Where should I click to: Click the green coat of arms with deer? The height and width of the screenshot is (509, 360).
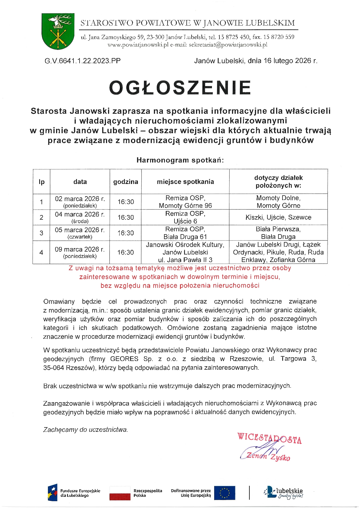click(58, 31)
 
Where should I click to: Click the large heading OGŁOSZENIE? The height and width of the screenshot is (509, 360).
click(180, 88)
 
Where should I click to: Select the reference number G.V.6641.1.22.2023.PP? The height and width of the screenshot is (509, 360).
click(83, 61)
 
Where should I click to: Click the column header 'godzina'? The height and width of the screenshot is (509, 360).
click(125, 182)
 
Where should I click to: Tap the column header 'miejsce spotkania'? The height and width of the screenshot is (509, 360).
click(185, 182)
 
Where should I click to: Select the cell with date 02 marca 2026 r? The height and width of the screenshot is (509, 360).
click(80, 202)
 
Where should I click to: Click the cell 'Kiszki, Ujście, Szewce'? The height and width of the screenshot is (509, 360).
click(278, 217)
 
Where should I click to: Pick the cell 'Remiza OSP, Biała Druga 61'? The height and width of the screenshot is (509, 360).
click(185, 233)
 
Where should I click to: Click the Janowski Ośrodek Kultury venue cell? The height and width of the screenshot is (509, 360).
click(185, 252)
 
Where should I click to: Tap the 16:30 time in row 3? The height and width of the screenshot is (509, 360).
click(125, 233)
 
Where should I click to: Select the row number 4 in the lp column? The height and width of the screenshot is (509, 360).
click(41, 252)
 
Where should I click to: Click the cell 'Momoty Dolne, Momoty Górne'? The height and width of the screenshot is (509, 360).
click(278, 202)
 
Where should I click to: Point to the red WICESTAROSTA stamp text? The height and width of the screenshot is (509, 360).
click(269, 438)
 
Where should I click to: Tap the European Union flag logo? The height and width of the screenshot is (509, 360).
click(225, 493)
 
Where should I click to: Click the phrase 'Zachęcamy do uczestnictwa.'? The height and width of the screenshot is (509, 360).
click(85, 429)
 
